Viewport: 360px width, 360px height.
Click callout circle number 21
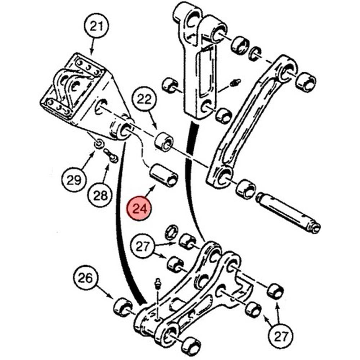(96, 27)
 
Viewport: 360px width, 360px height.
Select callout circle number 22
(144, 99)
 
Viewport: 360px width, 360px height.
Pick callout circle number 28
(100, 196)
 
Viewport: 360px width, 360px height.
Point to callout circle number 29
(74, 180)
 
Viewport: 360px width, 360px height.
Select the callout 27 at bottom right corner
(281, 337)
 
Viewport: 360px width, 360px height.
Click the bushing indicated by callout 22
(164, 142)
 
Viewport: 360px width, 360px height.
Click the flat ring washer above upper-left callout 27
(172, 233)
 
